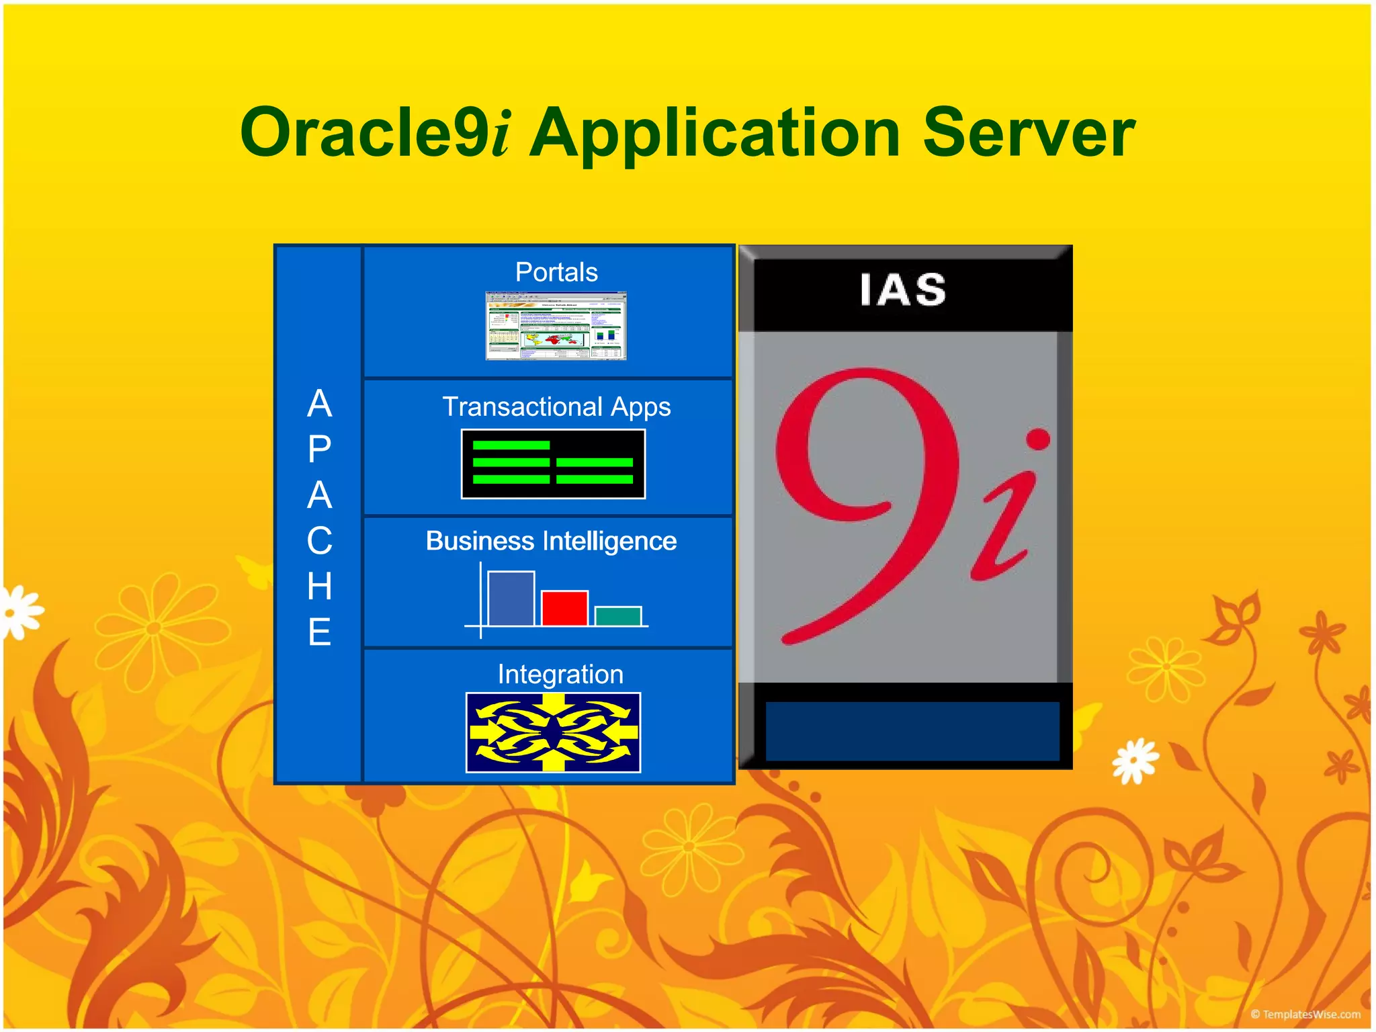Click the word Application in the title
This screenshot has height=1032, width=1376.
[715, 134]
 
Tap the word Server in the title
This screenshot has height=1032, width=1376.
[1028, 132]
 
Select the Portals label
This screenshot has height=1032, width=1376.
[556, 272]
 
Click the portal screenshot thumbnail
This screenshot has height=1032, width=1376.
[556, 326]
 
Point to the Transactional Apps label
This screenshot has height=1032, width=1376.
[556, 406]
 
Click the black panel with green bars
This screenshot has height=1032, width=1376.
[553, 464]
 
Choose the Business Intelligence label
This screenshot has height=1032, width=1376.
[551, 541]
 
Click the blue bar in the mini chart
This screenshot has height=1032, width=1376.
[511, 598]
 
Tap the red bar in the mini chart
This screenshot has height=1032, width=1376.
[564, 608]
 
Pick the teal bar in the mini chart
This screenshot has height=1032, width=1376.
[618, 615]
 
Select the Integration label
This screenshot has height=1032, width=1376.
[560, 674]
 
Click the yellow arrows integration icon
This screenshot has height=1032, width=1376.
[553, 732]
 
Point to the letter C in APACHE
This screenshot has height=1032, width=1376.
[320, 541]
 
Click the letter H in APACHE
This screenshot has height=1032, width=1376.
[320, 587]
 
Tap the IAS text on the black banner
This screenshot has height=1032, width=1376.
[904, 290]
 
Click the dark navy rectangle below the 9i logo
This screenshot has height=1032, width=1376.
[912, 731]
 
